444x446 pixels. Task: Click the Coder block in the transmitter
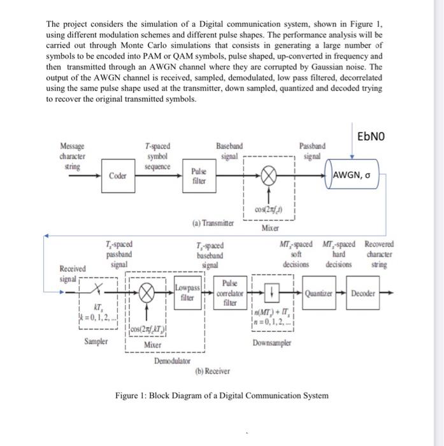coord(117,176)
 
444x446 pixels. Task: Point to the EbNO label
coord(370,136)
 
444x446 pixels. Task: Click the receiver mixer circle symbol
coord(147,295)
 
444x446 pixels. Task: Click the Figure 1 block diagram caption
coord(222,396)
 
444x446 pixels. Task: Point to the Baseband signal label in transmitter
coord(229,150)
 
